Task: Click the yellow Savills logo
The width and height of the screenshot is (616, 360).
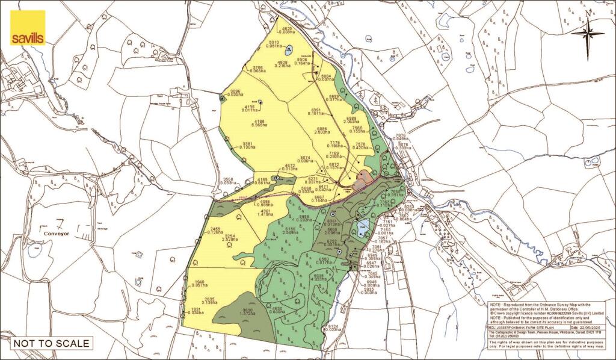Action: point(28,28)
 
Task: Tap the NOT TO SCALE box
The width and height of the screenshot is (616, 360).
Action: point(52,344)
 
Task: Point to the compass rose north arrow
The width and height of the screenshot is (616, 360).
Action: point(588,33)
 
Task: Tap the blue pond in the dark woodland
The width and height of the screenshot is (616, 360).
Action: point(362,227)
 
